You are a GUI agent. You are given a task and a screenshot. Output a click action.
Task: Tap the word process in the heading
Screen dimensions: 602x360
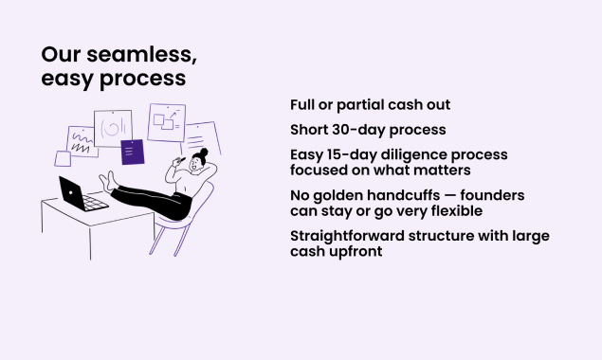(143, 80)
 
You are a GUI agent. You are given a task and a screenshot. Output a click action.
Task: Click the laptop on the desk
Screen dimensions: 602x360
(82, 195)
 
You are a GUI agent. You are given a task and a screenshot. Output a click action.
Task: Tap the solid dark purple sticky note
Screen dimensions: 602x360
(133, 152)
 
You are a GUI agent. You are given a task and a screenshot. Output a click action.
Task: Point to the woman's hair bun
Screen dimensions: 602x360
(204, 152)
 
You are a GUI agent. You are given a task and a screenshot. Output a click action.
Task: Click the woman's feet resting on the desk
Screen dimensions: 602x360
(107, 182)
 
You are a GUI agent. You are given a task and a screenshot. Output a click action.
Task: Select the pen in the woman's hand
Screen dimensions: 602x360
(179, 160)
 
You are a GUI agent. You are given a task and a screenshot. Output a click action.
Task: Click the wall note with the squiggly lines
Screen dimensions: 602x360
(82, 142)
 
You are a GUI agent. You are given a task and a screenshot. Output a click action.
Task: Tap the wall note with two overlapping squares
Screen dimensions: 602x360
(167, 122)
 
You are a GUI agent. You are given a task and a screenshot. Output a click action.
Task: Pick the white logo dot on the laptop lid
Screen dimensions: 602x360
(71, 192)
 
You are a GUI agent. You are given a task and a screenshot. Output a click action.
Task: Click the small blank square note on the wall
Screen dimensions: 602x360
(63, 158)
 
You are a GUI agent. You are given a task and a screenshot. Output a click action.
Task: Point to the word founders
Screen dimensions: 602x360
(492, 195)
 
